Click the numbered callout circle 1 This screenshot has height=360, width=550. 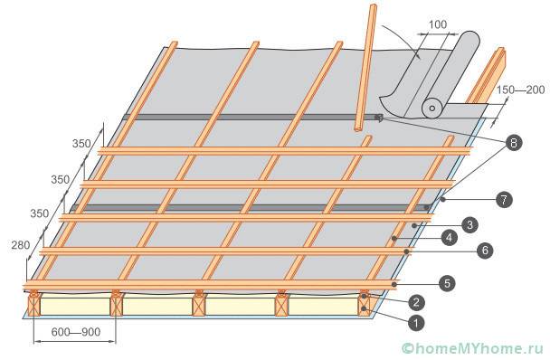coord(416,323)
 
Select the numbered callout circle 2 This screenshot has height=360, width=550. coord(416,302)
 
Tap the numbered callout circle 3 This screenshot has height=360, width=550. coord(469,225)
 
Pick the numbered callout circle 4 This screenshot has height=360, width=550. coord(450,238)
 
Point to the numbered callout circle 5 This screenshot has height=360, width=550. coord(447,283)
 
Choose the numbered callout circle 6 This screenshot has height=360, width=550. coord(485,251)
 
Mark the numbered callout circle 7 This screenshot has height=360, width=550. coord(504,200)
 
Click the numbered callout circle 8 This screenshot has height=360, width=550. coord(514,143)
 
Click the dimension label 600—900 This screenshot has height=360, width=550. coord(76,332)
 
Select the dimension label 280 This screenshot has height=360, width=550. coord(20,245)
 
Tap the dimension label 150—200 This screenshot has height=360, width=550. coord(520,90)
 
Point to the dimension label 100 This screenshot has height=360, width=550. coord(438,24)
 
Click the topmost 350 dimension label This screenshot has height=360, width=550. coord(81,144)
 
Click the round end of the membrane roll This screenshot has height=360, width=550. coord(432,108)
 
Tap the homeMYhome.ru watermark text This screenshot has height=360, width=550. coord(479,348)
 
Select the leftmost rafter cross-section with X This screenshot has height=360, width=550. coord(34,305)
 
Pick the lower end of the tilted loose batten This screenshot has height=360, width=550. coord(359,128)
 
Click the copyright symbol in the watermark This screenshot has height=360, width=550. coord(408,348)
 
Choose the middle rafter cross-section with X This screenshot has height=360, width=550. coord(199,305)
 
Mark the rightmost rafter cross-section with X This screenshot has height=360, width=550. coord(365,305)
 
